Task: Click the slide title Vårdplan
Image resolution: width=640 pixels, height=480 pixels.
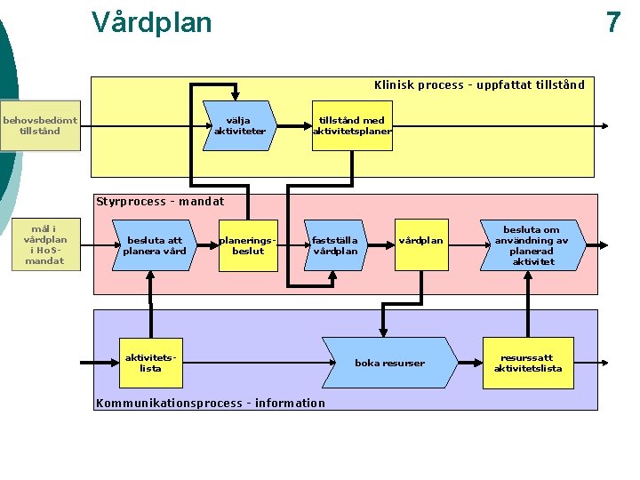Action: pyautogui.click(x=152, y=22)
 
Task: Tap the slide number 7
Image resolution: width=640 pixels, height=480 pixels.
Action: pyautogui.click(x=613, y=22)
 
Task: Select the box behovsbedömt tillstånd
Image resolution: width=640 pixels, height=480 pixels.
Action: pyautogui.click(x=40, y=125)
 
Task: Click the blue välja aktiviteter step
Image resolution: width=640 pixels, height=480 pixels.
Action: pyautogui.click(x=240, y=125)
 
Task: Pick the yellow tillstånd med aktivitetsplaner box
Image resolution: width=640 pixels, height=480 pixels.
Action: pyautogui.click(x=352, y=125)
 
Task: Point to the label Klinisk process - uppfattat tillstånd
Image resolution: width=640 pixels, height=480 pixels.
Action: pyautogui.click(x=479, y=85)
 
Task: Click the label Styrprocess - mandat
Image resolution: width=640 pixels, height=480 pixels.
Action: pyautogui.click(x=160, y=202)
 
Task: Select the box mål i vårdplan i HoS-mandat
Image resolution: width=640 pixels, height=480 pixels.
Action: pyautogui.click(x=45, y=244)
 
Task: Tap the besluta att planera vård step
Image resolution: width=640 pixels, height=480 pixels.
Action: pyautogui.click(x=155, y=245)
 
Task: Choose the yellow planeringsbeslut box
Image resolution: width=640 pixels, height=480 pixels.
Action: pyautogui.click(x=248, y=245)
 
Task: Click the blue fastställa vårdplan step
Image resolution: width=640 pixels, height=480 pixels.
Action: pyautogui.click(x=336, y=245)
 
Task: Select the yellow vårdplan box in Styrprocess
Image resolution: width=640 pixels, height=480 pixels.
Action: pyautogui.click(x=421, y=245)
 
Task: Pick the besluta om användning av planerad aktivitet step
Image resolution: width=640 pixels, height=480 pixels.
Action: pyautogui.click(x=533, y=245)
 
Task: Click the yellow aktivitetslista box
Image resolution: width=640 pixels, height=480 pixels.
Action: pyautogui.click(x=150, y=363)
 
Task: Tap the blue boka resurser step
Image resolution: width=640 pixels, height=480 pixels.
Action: pyautogui.click(x=390, y=363)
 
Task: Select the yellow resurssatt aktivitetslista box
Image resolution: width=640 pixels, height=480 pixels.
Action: pyautogui.click(x=528, y=363)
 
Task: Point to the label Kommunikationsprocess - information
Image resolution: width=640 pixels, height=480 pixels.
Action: pyautogui.click(x=211, y=404)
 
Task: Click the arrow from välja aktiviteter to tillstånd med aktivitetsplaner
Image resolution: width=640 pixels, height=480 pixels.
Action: pyautogui.click(x=294, y=126)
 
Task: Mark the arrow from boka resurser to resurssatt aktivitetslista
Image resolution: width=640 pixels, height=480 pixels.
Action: pyautogui.click(x=470, y=363)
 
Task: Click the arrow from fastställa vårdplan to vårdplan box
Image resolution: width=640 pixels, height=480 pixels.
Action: pyautogui.click(x=381, y=245)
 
